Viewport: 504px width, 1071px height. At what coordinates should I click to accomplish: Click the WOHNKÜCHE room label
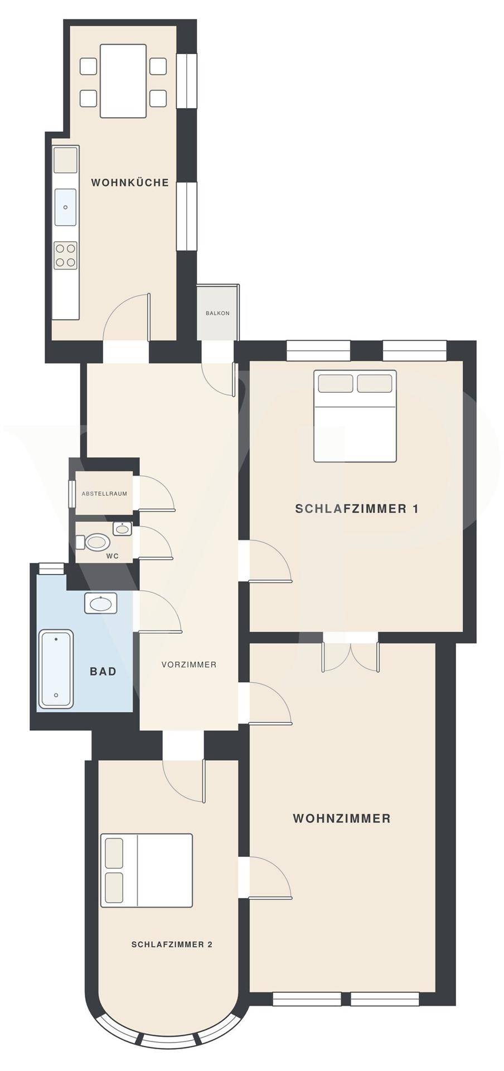tap(130, 182)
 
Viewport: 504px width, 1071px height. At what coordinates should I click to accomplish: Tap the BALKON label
tap(217, 313)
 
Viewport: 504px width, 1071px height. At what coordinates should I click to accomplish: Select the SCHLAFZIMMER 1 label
tap(357, 509)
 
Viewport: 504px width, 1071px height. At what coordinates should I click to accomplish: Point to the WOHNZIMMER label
tap(342, 818)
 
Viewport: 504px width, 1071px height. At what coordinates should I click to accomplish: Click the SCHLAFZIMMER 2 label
tap(172, 944)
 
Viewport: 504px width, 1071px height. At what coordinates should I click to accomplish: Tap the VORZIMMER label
tap(189, 664)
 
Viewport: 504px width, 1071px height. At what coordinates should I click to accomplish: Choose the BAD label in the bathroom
tap(103, 671)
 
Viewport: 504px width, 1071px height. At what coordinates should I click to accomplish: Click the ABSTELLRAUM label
tap(104, 494)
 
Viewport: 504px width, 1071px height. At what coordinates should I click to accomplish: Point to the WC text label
tap(112, 556)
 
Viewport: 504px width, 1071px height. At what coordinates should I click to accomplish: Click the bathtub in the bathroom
tap(56, 669)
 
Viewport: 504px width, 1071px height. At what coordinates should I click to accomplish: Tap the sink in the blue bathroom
tap(101, 603)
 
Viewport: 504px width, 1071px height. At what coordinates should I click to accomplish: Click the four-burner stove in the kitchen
tap(65, 255)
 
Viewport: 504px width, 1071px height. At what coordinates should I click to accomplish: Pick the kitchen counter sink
tap(65, 207)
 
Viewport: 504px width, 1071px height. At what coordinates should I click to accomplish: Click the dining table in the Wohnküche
tap(123, 81)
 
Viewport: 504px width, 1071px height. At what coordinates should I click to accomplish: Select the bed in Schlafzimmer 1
tap(355, 416)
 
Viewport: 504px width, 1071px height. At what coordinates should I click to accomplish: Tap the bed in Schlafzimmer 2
tap(147, 870)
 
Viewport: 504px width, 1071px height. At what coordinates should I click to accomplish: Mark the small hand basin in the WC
tap(122, 528)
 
